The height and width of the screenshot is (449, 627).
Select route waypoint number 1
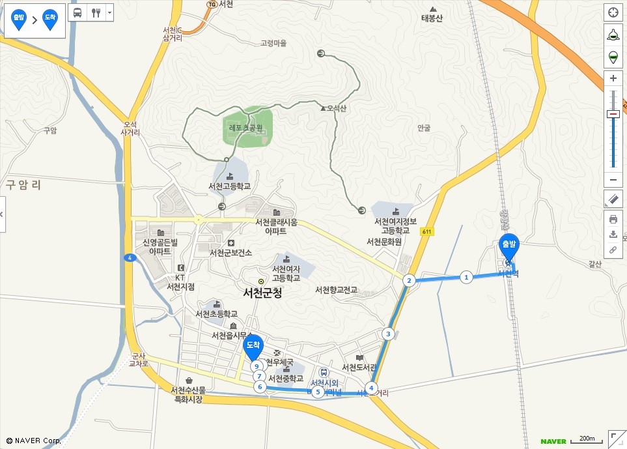(466, 277)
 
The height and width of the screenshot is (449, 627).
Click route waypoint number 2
(409, 281)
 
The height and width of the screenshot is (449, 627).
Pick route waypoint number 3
(389, 334)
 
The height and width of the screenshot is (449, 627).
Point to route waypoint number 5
(317, 392)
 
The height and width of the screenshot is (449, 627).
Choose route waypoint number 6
(260, 387)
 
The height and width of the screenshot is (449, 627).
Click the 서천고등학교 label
(229, 186)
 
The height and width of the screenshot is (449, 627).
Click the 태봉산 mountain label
(432, 18)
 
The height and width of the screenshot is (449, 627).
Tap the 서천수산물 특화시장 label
(188, 394)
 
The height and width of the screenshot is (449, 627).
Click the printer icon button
(613, 219)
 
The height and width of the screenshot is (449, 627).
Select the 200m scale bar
(587, 439)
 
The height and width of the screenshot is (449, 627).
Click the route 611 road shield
(426, 231)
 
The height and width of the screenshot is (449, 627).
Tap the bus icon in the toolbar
(77, 12)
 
